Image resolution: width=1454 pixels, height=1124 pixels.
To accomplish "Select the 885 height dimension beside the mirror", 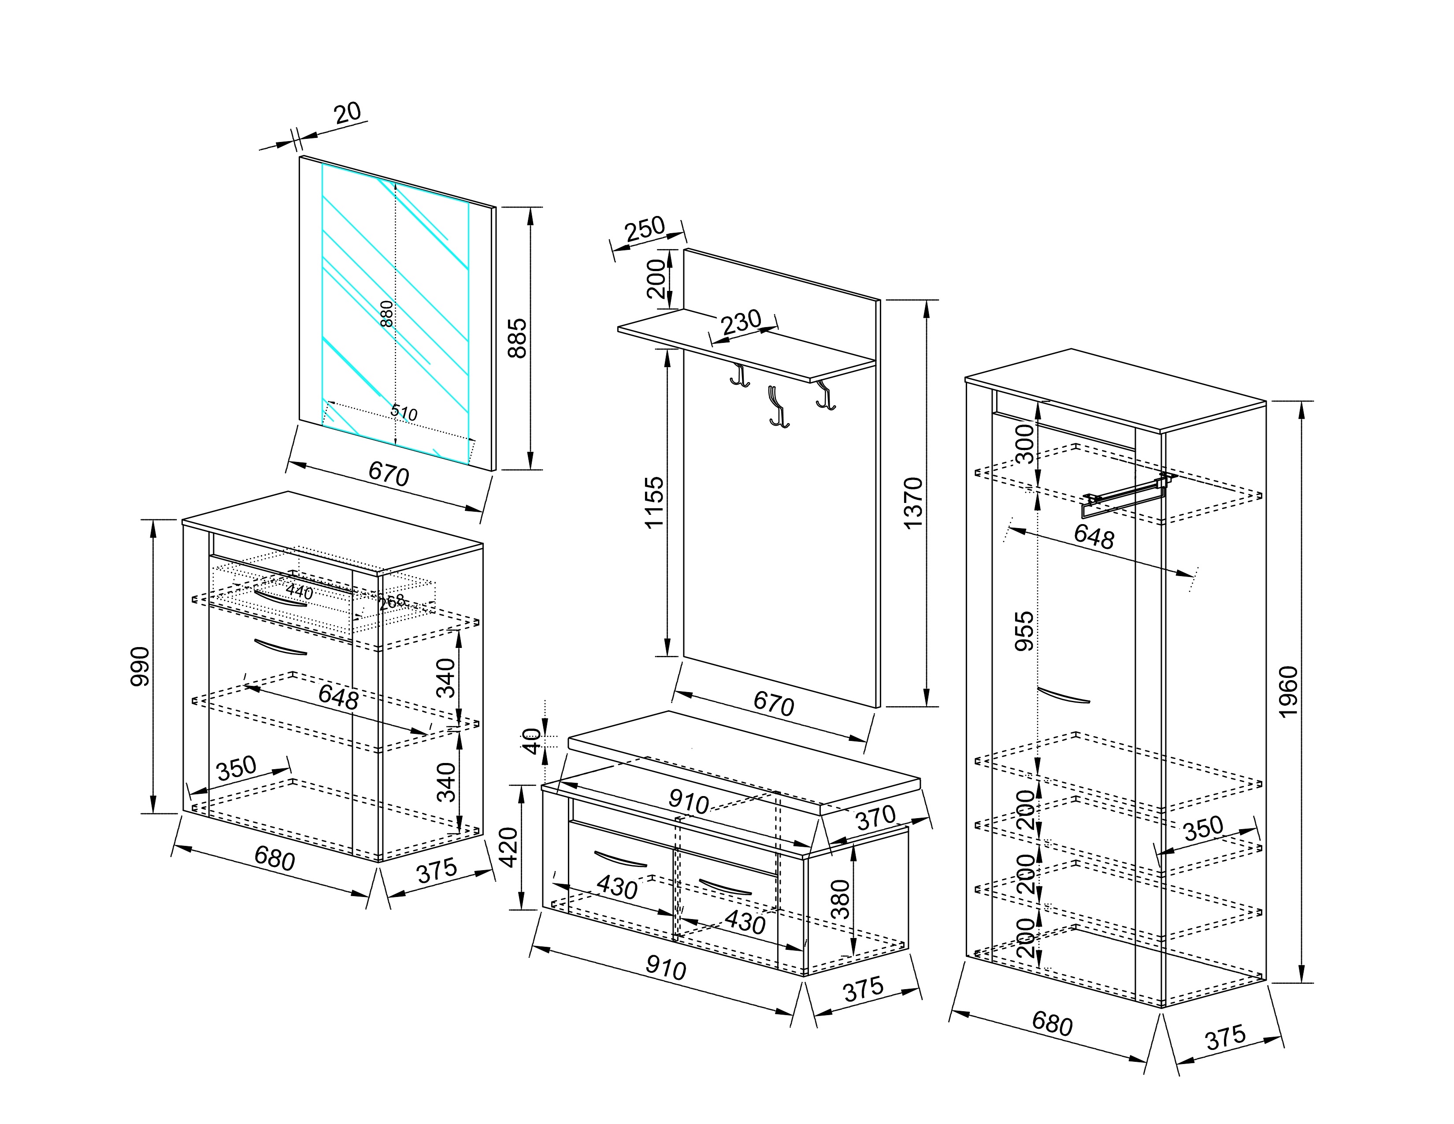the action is [517, 338].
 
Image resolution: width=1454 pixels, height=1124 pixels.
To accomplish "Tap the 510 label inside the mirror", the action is [404, 413].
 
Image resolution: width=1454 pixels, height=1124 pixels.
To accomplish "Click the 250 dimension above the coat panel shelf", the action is [645, 230].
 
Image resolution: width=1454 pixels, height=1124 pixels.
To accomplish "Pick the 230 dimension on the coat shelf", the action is [741, 322].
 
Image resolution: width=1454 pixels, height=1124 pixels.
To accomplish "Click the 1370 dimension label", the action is [913, 503].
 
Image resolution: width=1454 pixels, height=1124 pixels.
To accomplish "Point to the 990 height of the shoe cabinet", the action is [141, 665].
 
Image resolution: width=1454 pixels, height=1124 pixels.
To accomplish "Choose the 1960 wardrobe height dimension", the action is [1288, 691].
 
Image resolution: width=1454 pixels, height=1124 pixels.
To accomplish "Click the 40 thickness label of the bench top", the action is [530, 741].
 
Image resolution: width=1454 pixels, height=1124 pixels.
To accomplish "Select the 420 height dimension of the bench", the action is [508, 847].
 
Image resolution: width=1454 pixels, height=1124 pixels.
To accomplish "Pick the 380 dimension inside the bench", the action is [841, 899].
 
